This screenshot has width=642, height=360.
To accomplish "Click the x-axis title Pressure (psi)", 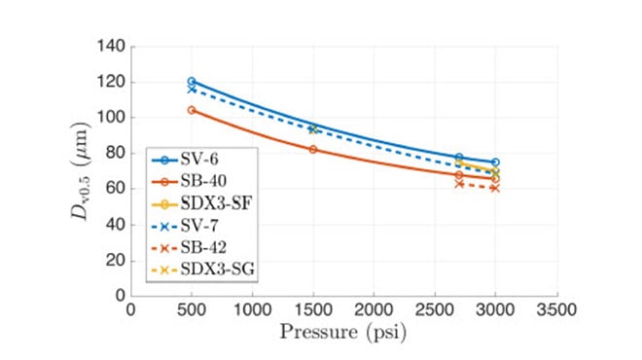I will click(x=343, y=334).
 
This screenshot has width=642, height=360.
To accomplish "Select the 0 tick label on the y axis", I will click(x=121, y=295).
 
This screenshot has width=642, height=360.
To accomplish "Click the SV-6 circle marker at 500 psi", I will click(x=192, y=82).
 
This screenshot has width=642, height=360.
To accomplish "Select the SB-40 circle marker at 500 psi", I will click(x=192, y=110).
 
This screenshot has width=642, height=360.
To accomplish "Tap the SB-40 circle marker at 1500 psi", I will click(x=313, y=149).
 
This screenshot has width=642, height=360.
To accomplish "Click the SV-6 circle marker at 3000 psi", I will click(x=495, y=162).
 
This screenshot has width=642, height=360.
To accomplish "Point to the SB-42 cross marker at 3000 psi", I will click(x=495, y=188).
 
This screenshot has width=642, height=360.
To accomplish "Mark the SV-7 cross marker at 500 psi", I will click(x=192, y=90).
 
